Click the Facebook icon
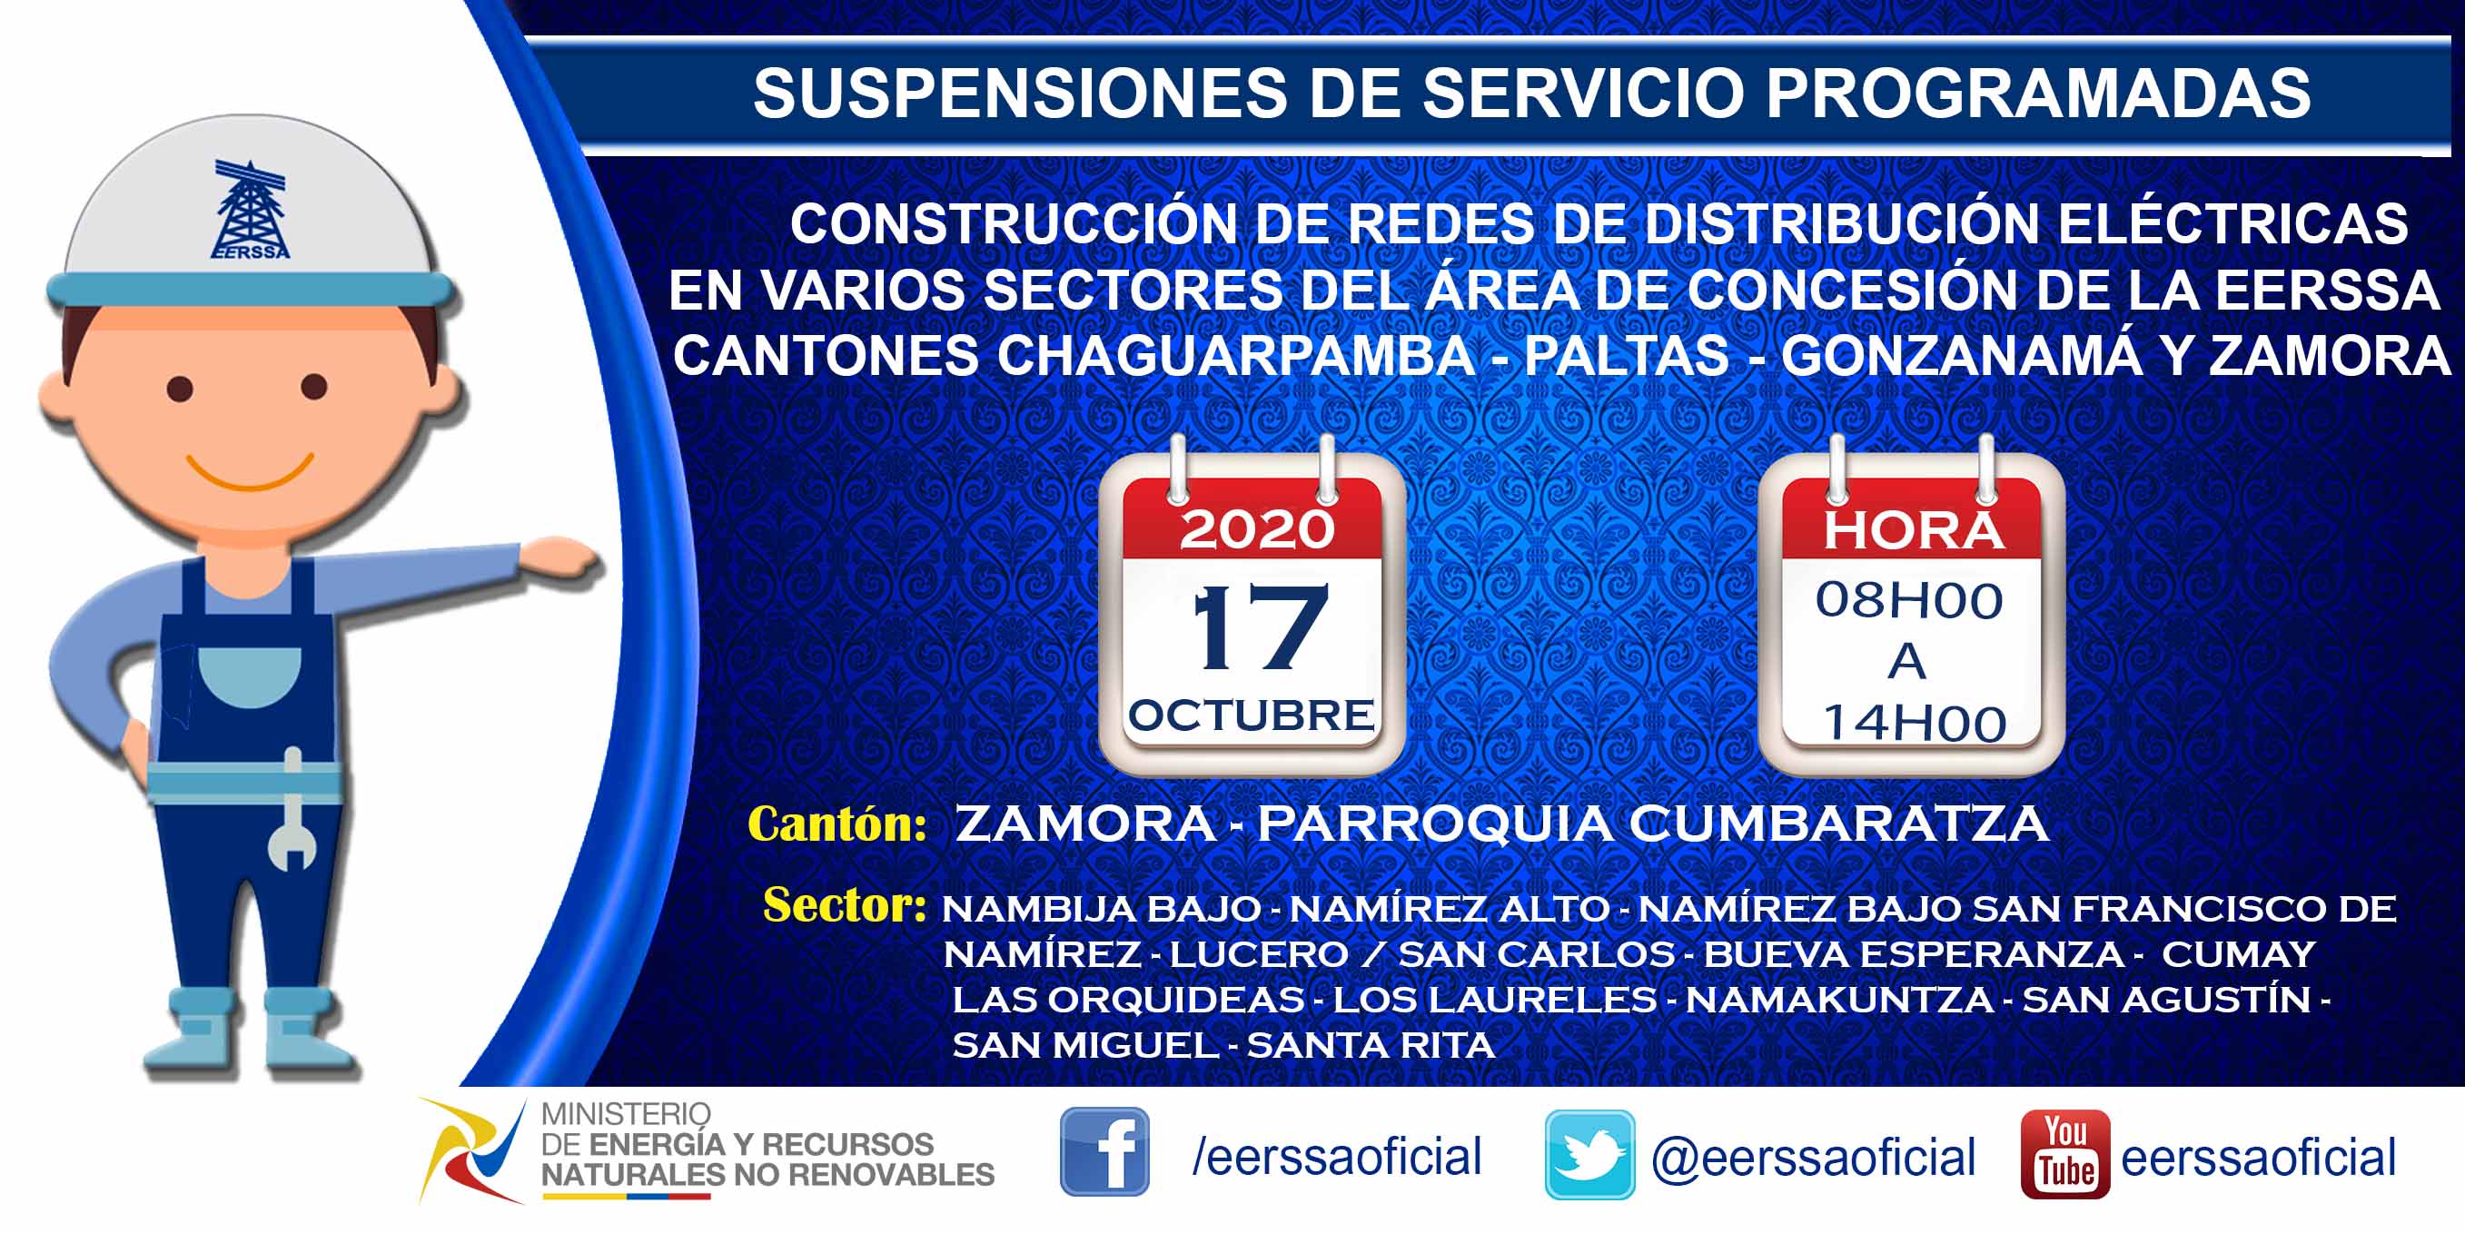tap(1104, 1151)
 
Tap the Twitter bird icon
tap(1589, 1155)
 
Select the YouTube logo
tap(2065, 1154)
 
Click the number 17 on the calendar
tap(1259, 627)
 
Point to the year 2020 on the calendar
tap(1256, 529)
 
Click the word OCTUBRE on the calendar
tap(1252, 715)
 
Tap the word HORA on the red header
tap(1912, 531)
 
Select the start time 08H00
tap(1909, 601)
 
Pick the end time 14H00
tap(1914, 723)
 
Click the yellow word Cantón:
tap(837, 824)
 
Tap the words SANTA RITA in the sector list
tap(1371, 1046)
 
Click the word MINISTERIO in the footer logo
tap(626, 1114)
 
